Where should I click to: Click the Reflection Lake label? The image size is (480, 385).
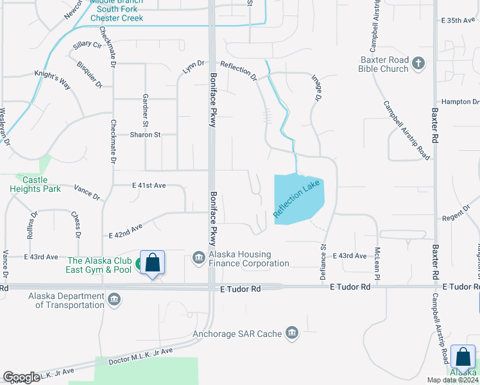297,199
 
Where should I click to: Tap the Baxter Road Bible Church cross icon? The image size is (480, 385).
419,63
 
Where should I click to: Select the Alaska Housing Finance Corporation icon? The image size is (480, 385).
199,259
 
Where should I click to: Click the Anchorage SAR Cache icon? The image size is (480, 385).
292,332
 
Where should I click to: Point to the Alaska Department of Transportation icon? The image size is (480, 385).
114,300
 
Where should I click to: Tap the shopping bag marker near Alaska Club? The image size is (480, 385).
152,263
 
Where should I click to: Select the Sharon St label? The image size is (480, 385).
145,135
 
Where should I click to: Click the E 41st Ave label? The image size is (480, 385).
149,185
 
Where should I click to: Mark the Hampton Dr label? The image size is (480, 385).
460,102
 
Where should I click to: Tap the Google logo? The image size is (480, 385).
21,377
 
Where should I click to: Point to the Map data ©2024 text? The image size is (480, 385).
453,379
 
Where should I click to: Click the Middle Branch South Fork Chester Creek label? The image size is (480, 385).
116,10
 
